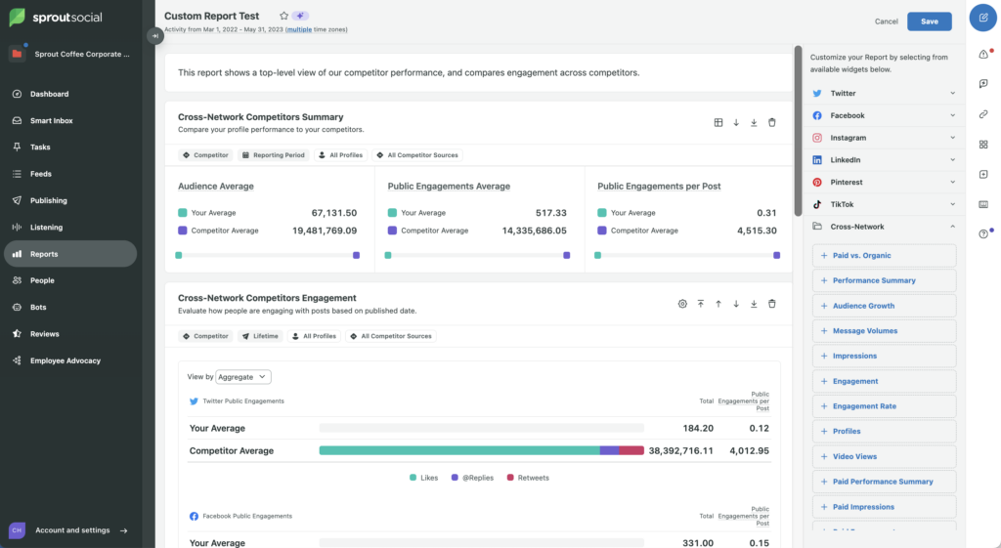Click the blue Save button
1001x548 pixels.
(x=929, y=21)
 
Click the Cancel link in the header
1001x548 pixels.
(x=886, y=21)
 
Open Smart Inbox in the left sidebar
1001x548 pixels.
(x=51, y=121)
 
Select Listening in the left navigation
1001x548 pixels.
(x=46, y=228)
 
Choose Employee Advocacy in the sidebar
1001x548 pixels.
(x=65, y=360)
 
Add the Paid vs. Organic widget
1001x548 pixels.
(x=884, y=256)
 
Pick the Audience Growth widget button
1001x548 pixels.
(x=884, y=306)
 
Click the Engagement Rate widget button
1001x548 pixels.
(x=884, y=406)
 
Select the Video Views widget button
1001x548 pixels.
(x=884, y=457)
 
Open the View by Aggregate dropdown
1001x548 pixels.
(x=242, y=377)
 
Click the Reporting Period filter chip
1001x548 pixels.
(x=273, y=155)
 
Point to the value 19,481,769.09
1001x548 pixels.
(x=325, y=231)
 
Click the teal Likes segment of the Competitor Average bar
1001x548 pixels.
(x=459, y=451)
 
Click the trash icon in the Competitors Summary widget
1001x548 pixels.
(x=771, y=123)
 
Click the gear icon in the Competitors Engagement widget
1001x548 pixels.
(x=682, y=304)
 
